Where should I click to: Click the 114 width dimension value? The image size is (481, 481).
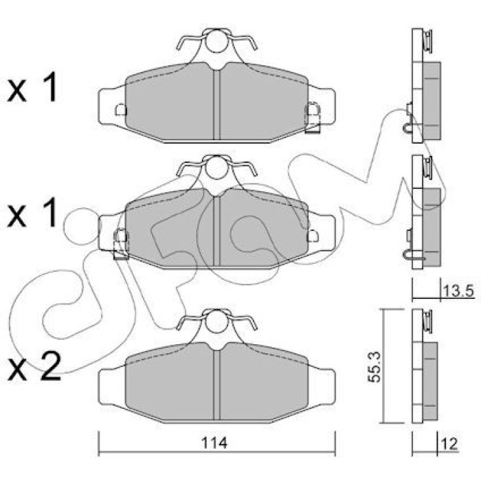[x=214, y=443]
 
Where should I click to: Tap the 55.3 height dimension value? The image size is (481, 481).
[x=374, y=367]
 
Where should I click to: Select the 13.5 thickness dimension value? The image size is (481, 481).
[x=458, y=291]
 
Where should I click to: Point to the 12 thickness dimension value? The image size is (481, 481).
[x=449, y=444]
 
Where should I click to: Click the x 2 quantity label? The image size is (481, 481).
[x=34, y=366]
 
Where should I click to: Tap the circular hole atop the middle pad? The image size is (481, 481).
[x=216, y=168]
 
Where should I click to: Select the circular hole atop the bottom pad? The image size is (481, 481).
[x=216, y=322]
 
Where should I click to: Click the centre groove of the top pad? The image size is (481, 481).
[x=217, y=104]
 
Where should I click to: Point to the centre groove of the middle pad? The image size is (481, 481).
[x=217, y=231]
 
